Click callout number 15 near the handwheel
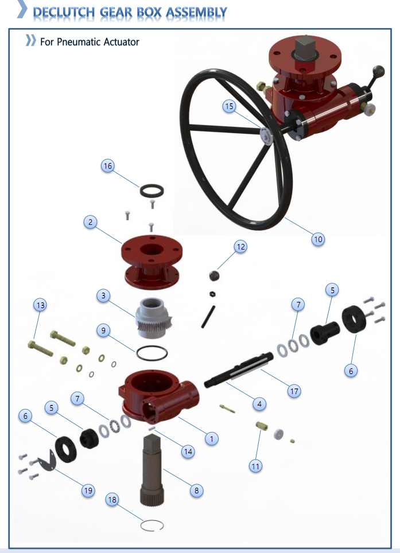pyautogui.click(x=230, y=106)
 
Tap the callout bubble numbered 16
pyautogui.click(x=107, y=166)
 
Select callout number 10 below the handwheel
pyautogui.click(x=318, y=239)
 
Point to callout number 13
pyautogui.click(x=40, y=305)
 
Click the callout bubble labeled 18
pyautogui.click(x=112, y=500)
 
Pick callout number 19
pyautogui.click(x=88, y=490)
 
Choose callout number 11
pyautogui.click(x=255, y=466)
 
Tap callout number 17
pyautogui.click(x=294, y=391)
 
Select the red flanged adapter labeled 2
pyautogui.click(x=152, y=262)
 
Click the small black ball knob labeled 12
pyautogui.click(x=214, y=275)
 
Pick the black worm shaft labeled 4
pyautogui.click(x=239, y=370)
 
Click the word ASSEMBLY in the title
pyautogui.click(x=196, y=13)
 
